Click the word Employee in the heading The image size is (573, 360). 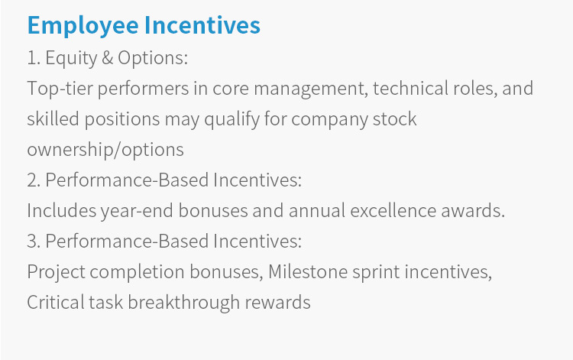[83, 25]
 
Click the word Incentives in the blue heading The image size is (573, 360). [202, 25]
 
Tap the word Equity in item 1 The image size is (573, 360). [71, 59]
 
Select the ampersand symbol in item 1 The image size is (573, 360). [108, 58]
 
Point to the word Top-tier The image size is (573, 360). [60, 89]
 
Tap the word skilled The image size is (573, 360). [53, 119]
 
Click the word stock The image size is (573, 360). [395, 119]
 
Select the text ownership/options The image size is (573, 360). [105, 151]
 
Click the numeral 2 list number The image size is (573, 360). [34, 180]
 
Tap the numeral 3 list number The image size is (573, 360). [34, 242]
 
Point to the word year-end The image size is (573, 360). [137, 211]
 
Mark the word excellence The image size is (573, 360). [393, 210]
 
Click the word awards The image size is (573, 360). [473, 210]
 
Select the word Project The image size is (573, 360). [57, 272]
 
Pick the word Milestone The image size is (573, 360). [308, 272]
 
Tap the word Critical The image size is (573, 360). [55, 303]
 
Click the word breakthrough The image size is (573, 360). [183, 303]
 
